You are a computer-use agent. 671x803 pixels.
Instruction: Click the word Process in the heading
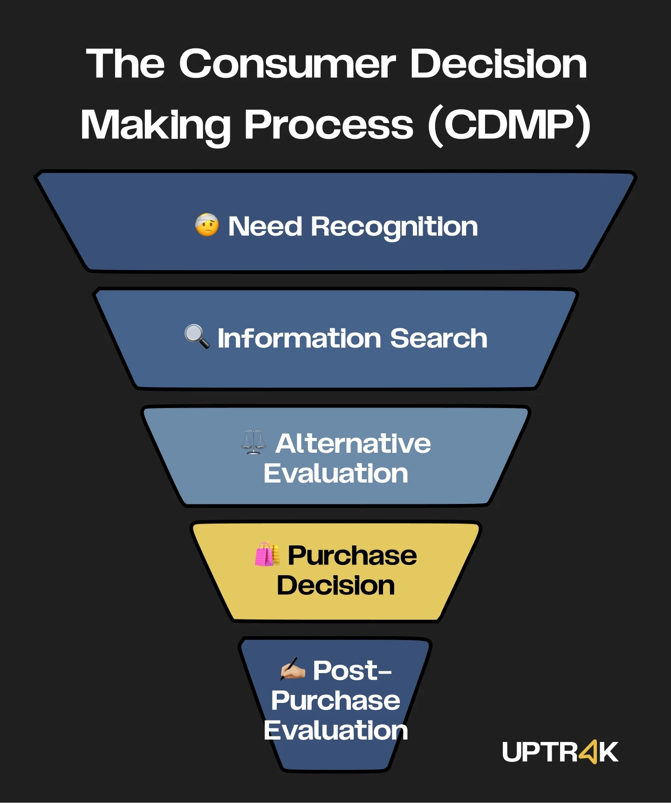[329, 125]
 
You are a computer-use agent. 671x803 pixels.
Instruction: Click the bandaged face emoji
[207, 225]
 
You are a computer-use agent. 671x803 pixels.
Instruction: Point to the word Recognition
[394, 227]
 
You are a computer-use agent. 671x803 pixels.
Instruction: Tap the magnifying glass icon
[197, 336]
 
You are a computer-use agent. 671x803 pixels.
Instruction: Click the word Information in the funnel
[299, 338]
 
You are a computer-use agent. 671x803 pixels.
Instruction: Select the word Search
[438, 338]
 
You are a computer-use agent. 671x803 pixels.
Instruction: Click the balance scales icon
[253, 442]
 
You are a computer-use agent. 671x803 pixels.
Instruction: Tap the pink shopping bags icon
[267, 554]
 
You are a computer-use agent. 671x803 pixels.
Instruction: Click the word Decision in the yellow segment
[335, 585]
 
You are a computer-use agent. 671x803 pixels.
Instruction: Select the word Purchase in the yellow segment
[352, 555]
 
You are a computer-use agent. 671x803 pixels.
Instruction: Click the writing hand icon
[293, 670]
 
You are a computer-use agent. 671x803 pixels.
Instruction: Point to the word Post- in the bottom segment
[352, 671]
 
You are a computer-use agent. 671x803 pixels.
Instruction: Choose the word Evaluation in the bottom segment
[335, 730]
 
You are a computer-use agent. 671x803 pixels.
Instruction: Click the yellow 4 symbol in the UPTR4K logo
[588, 751]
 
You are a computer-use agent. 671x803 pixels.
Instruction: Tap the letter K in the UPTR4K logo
[609, 752]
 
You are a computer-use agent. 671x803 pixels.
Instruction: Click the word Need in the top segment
[265, 227]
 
